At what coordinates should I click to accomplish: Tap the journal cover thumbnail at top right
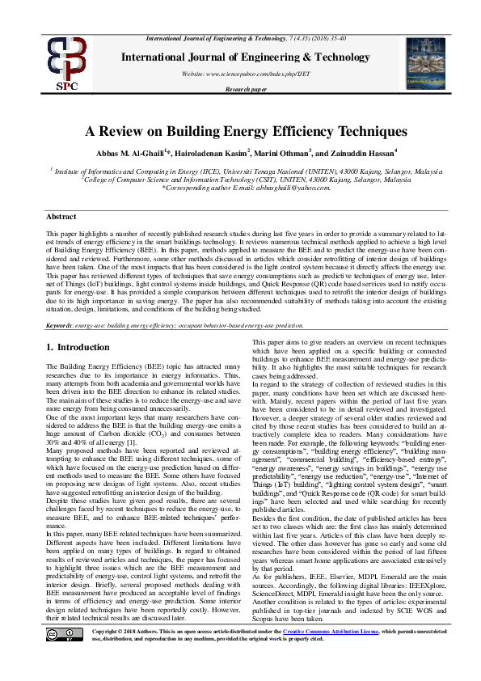425,61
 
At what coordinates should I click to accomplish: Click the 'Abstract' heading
61,217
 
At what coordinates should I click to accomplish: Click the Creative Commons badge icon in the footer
66,655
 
